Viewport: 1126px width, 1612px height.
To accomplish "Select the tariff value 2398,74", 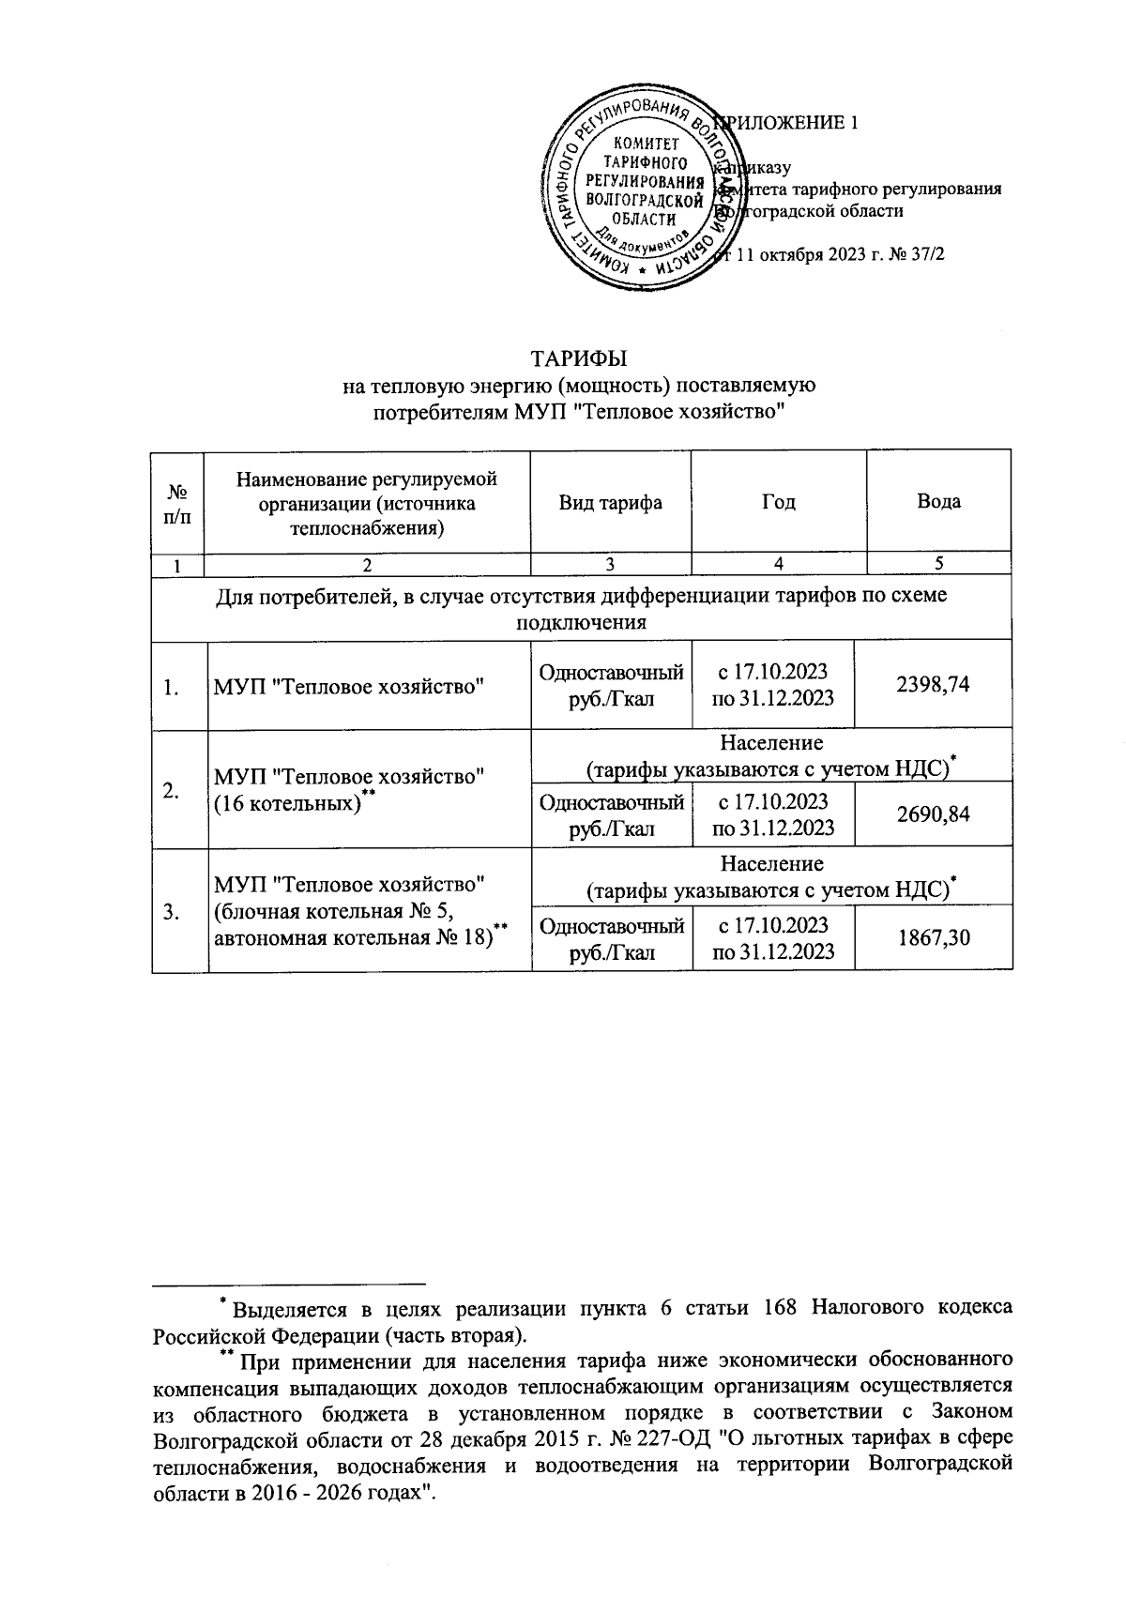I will click(x=933, y=685).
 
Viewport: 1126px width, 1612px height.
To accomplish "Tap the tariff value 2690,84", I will click(x=933, y=814).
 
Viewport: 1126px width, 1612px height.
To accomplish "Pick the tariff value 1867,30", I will click(x=933, y=937).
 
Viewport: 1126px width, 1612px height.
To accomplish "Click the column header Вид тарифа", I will click(x=610, y=502).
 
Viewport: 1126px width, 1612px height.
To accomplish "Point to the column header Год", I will click(x=778, y=502).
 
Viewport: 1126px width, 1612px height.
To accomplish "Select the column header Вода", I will click(x=938, y=502).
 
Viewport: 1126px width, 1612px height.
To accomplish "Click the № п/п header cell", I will click(x=177, y=502).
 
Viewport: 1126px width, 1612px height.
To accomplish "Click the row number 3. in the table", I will click(x=171, y=911).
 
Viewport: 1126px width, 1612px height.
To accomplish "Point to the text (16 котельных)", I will click(x=287, y=803).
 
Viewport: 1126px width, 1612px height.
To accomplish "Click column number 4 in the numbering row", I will click(x=779, y=564).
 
